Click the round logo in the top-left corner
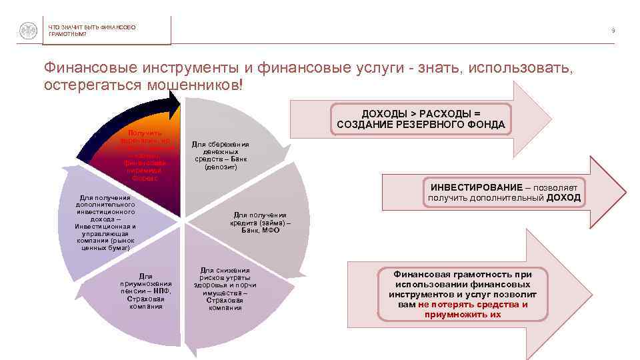point(27,31)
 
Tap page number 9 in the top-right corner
point(612,30)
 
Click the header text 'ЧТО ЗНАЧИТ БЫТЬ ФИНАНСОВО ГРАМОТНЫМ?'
point(91,30)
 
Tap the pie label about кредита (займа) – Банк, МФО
point(260,223)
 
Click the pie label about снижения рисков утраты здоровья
point(224,289)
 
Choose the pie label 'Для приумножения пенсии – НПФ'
point(145,291)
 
